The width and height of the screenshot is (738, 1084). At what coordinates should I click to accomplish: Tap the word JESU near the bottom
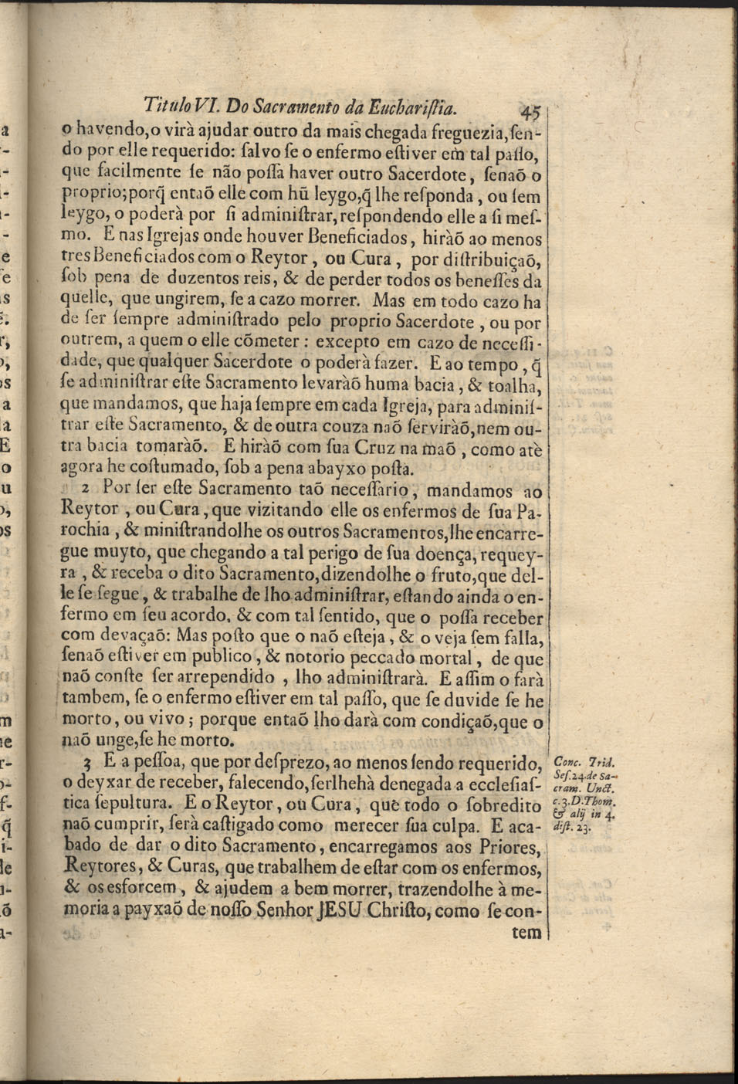coord(340,910)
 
